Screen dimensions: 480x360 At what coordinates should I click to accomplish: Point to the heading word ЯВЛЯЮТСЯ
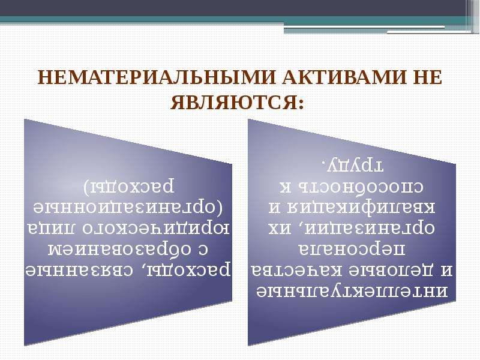pos(238,102)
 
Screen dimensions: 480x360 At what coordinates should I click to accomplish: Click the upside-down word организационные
pos(131,207)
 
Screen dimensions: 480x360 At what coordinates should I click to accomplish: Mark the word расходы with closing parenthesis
pos(129,187)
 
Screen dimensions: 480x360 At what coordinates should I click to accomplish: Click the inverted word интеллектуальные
pos(352,292)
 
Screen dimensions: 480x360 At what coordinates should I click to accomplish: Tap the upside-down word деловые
pos(386,271)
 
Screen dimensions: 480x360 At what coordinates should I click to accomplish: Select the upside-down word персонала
pos(352,249)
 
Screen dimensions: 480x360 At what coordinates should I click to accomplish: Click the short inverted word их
pos(280,228)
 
